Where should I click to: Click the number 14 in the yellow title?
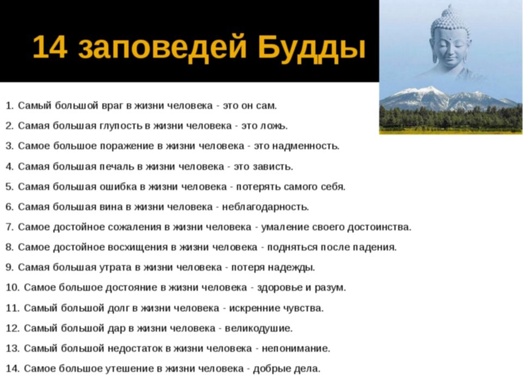50,47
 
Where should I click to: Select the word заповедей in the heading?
162,48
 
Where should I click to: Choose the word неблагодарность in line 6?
265,207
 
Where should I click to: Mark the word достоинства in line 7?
379,228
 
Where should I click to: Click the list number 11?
13,308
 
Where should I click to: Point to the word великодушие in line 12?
258,329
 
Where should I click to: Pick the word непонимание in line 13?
296,348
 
